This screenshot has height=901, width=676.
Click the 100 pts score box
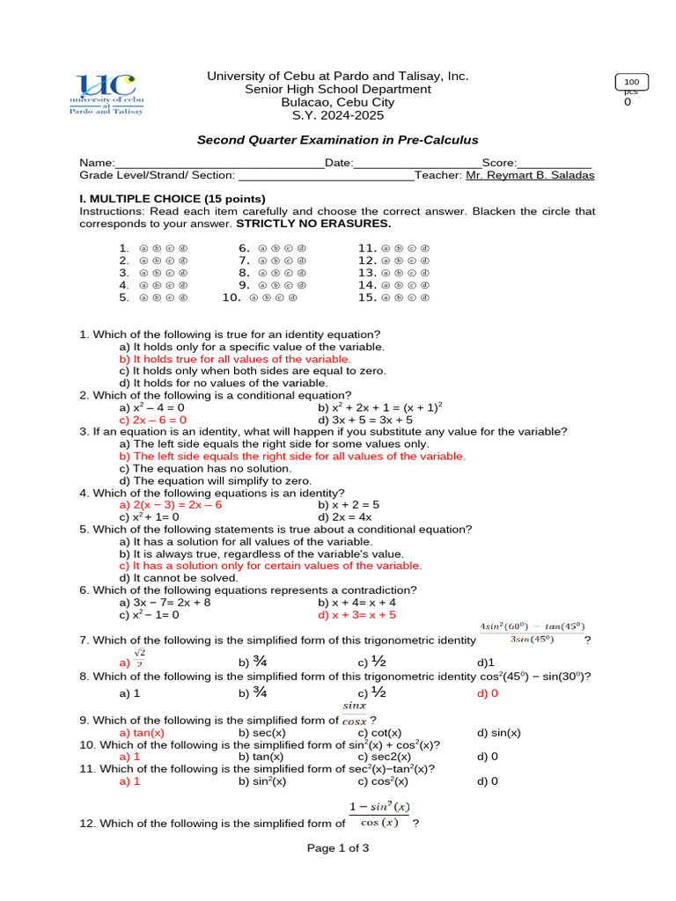click(633, 82)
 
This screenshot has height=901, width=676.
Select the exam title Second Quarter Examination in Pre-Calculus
click(337, 140)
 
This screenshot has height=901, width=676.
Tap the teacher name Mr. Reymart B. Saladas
click(530, 175)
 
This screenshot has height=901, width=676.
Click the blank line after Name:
click(219, 165)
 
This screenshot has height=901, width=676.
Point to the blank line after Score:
click(554, 165)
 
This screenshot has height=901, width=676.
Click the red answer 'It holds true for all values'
click(235, 359)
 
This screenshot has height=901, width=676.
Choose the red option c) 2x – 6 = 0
click(153, 420)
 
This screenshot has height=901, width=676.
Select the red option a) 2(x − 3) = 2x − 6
click(171, 505)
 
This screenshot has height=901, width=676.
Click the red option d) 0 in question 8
click(488, 692)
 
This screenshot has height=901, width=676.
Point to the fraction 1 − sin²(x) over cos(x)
click(379, 815)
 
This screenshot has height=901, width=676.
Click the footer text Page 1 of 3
click(337, 848)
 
